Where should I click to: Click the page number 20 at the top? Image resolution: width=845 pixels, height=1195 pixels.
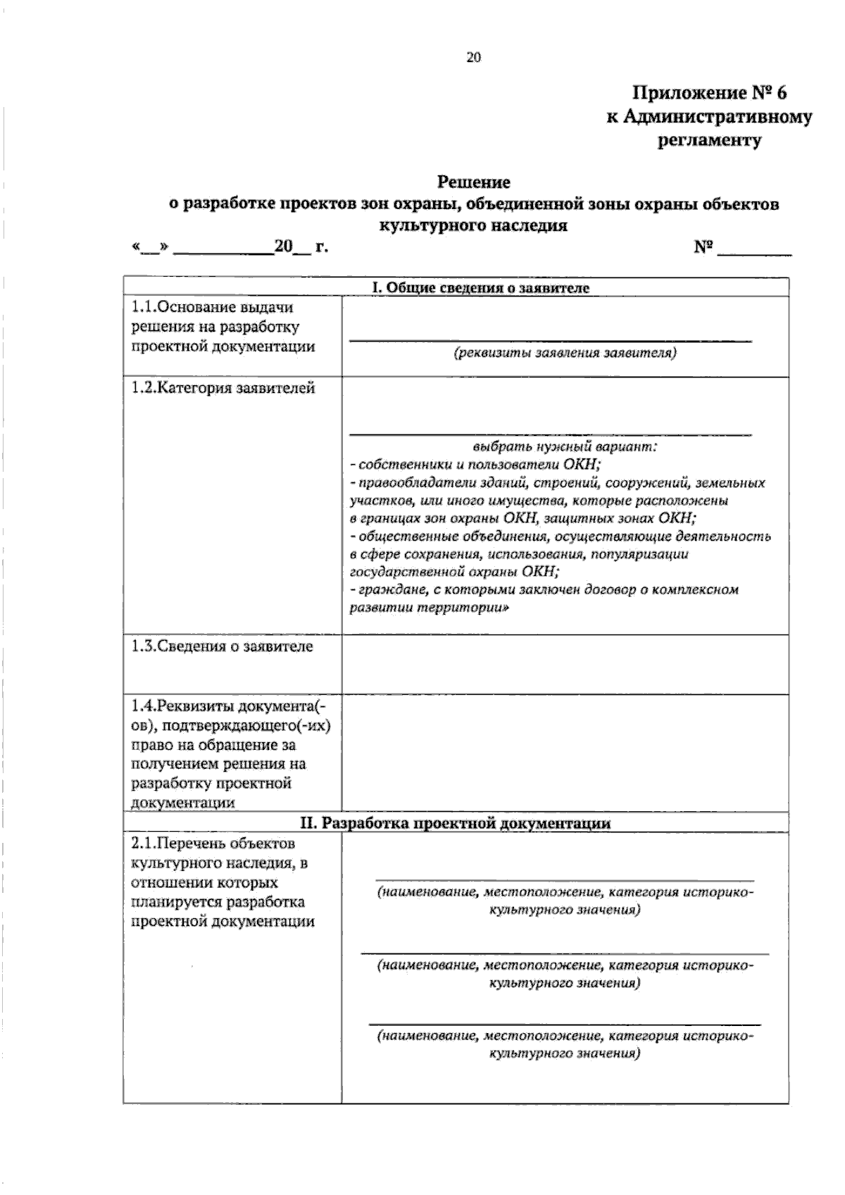(473, 58)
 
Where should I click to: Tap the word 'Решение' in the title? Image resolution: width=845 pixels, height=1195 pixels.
(474, 182)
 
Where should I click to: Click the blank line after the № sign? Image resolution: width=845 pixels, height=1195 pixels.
(754, 249)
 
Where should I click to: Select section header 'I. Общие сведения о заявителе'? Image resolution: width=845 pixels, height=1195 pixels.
(481, 287)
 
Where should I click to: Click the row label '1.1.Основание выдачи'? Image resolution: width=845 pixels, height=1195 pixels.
(213, 307)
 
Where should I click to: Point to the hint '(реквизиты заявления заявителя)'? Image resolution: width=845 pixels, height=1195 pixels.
(565, 353)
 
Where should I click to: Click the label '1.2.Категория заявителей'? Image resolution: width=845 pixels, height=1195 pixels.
(223, 388)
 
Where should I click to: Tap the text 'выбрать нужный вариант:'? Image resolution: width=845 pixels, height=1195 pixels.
(565, 446)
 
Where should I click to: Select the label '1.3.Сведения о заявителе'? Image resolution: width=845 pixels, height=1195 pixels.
(223, 646)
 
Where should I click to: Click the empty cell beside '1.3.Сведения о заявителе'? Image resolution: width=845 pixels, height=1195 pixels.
(565, 664)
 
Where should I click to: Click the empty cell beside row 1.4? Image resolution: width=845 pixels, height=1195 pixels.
(565, 753)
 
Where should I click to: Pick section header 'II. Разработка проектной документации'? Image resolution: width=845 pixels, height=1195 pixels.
(456, 823)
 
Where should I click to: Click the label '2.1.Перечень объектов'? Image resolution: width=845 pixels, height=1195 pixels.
(213, 844)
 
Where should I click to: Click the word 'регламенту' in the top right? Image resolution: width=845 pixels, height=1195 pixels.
(710, 140)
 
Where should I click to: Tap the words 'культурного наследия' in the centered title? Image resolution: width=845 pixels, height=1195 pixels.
(473, 227)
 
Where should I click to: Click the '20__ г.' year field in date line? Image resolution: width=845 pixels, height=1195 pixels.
(301, 247)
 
